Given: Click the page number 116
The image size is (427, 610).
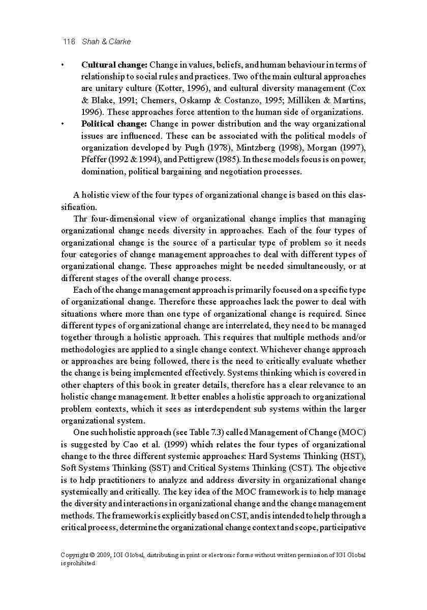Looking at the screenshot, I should tap(68, 42).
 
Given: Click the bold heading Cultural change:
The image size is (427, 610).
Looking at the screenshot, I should tap(114, 65).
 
